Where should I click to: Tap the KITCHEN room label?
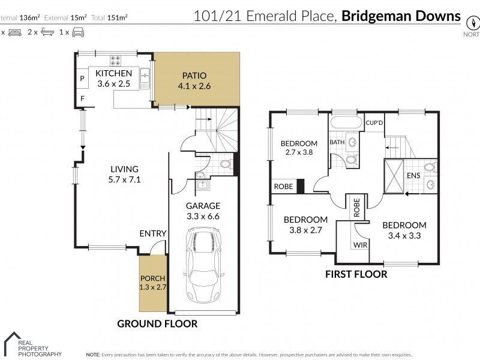pyautogui.click(x=114, y=73)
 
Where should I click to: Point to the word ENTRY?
pyautogui.click(x=152, y=233)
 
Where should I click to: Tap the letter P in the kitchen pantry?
pyautogui.click(x=82, y=79)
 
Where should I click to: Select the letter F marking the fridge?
pyautogui.click(x=82, y=98)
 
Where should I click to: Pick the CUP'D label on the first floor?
pyautogui.click(x=374, y=123)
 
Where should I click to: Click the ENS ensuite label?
pyautogui.click(x=413, y=176)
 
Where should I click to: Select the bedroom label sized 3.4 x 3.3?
pyautogui.click(x=404, y=230)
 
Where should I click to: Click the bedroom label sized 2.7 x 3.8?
pyautogui.click(x=299, y=148)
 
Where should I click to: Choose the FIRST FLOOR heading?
pyautogui.click(x=356, y=274)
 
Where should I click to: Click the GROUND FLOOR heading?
pyautogui.click(x=157, y=323)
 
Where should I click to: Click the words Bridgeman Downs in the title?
pyautogui.click(x=401, y=16)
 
